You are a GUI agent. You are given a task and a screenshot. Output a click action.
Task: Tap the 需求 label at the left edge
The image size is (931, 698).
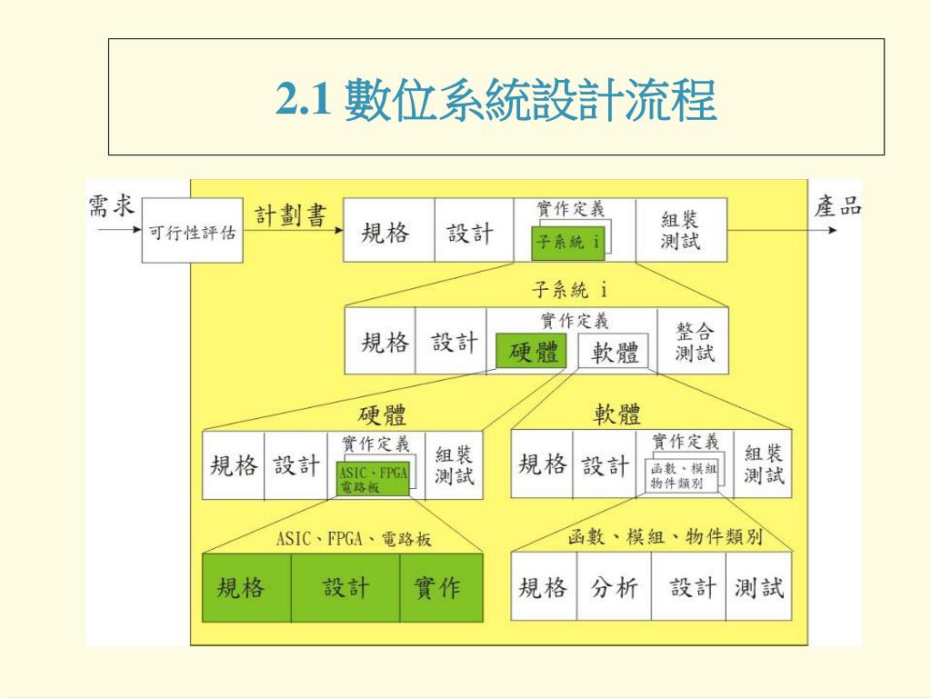click(x=110, y=206)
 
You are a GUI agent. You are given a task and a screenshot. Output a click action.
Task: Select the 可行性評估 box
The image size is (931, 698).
click(x=192, y=234)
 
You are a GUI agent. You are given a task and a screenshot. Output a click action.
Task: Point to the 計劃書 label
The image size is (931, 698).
click(x=290, y=215)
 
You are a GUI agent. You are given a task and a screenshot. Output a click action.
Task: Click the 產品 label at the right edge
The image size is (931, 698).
click(x=837, y=206)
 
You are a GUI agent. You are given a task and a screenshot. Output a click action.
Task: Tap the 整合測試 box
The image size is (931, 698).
click(x=695, y=342)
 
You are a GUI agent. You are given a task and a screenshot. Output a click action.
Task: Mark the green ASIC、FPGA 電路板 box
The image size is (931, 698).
click(x=373, y=479)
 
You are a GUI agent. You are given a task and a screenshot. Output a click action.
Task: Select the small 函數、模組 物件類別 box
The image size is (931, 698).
click(x=684, y=475)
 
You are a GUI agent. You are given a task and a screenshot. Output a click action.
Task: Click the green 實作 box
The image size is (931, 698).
click(x=437, y=587)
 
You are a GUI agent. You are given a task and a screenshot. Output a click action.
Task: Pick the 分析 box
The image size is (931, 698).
click(x=615, y=587)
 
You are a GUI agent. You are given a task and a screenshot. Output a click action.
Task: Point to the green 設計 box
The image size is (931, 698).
click(x=346, y=587)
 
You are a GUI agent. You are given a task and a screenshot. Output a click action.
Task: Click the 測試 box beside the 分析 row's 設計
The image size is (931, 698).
click(x=759, y=587)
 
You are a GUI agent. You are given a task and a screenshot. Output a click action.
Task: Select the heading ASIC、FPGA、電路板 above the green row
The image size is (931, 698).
click(x=354, y=539)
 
